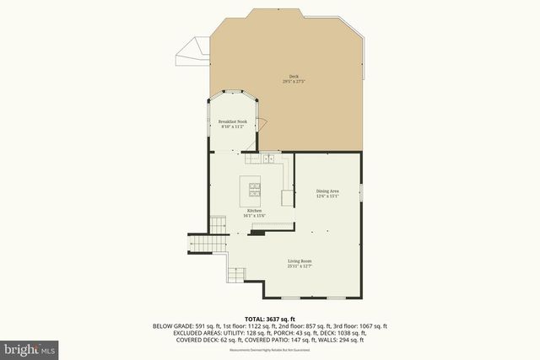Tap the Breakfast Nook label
click(x=232, y=121)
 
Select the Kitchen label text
click(x=254, y=210)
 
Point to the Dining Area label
click(x=327, y=191)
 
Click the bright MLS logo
click(x=29, y=347)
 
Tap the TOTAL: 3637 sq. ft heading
click(x=270, y=320)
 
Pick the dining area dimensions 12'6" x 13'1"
click(x=327, y=196)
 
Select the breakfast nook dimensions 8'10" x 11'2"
click(x=232, y=126)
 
